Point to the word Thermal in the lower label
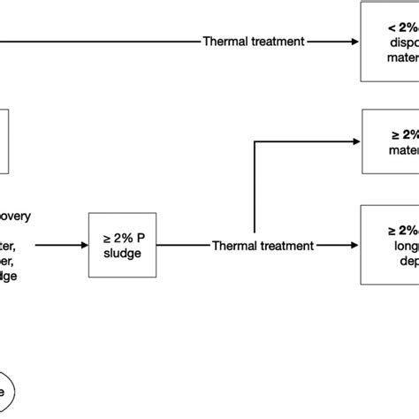[x=234, y=245]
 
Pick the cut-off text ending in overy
[x=19, y=213]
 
